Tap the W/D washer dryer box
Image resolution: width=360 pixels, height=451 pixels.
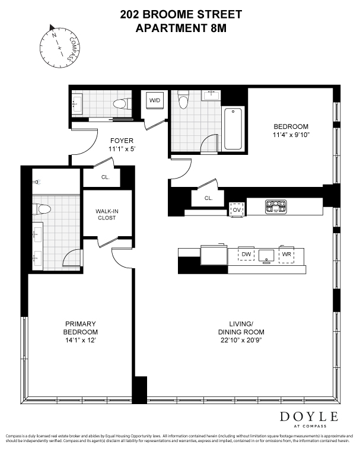[x=155, y=101]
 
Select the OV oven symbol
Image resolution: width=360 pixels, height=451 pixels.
[x=237, y=209]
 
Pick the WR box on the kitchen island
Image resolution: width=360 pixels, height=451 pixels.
[x=286, y=255]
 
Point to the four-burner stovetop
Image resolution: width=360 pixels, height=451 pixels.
[x=276, y=206]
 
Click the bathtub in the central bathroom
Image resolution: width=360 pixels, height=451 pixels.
[x=233, y=128]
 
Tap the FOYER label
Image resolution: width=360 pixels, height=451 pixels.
[x=122, y=141]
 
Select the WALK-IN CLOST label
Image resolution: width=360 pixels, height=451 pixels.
[x=107, y=214]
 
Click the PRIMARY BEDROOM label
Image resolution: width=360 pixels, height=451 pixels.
[x=81, y=328]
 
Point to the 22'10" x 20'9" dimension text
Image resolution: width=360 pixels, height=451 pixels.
[x=241, y=340]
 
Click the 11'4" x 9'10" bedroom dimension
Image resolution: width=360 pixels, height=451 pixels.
[x=291, y=135]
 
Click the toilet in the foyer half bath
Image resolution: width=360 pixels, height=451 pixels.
[x=122, y=104]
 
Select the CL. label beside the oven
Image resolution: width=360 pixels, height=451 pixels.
[x=209, y=198]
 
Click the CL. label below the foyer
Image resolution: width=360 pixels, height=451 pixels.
[x=104, y=177]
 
